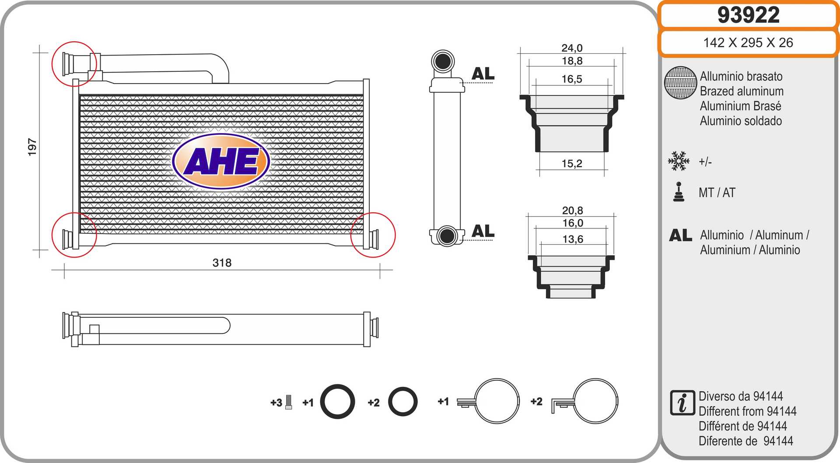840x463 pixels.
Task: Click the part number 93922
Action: pos(748,15)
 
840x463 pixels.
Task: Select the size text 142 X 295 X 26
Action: pos(748,42)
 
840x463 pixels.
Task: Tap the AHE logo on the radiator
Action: pos(221,161)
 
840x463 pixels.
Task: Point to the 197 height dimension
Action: pos(32,147)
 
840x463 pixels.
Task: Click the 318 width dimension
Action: pos(222,263)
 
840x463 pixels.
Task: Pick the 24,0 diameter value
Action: pos(572,48)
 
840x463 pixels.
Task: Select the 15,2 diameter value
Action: pos(572,164)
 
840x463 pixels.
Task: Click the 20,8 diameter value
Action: pos(573,210)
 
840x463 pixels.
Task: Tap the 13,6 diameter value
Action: pos(573,239)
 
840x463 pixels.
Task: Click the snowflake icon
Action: pos(679,161)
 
